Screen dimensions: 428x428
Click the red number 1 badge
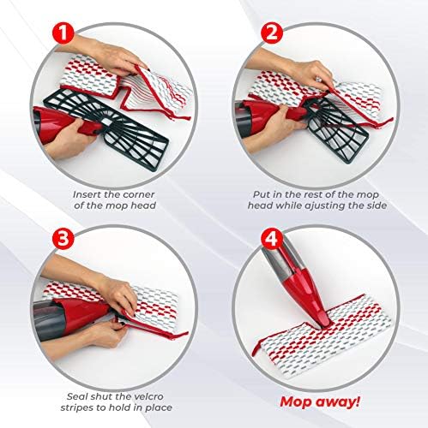pyautogui.click(x=63, y=33)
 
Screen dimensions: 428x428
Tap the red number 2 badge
pyautogui.click(x=271, y=33)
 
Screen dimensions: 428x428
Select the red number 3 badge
pyautogui.click(x=63, y=238)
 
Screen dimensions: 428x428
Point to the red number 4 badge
pyautogui.click(x=271, y=238)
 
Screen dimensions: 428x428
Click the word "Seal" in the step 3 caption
pyautogui.click(x=77, y=396)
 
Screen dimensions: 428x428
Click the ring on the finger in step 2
pyautogui.click(x=317, y=78)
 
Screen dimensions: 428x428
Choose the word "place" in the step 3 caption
pyautogui.click(x=158, y=407)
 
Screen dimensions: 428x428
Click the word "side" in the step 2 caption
pyautogui.click(x=377, y=205)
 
